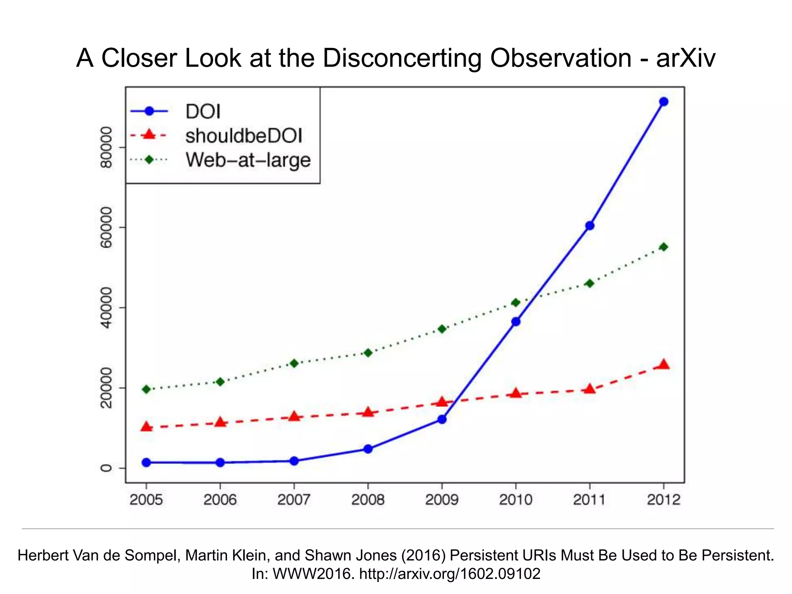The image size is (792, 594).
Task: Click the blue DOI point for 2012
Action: pos(664,102)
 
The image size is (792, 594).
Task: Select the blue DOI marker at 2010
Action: pos(516,321)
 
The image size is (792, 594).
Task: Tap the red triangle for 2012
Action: pos(664,365)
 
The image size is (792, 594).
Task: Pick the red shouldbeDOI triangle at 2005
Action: pos(146,427)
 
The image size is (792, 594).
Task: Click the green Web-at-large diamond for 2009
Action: pos(442,329)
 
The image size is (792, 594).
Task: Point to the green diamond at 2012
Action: pos(664,247)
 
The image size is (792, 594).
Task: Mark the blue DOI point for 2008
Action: pos(368,449)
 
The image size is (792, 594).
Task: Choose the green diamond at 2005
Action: pos(146,389)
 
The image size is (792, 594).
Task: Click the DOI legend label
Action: pos(203,112)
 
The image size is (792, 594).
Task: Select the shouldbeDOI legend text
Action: pos(244,136)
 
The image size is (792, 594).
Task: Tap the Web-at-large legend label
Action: pos(248,160)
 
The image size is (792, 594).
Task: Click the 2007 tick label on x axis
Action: pos(294,500)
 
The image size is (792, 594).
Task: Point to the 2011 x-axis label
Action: pos(589,500)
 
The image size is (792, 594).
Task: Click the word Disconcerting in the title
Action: pos(402,58)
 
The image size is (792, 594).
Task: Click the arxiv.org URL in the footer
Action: pos(449,574)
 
